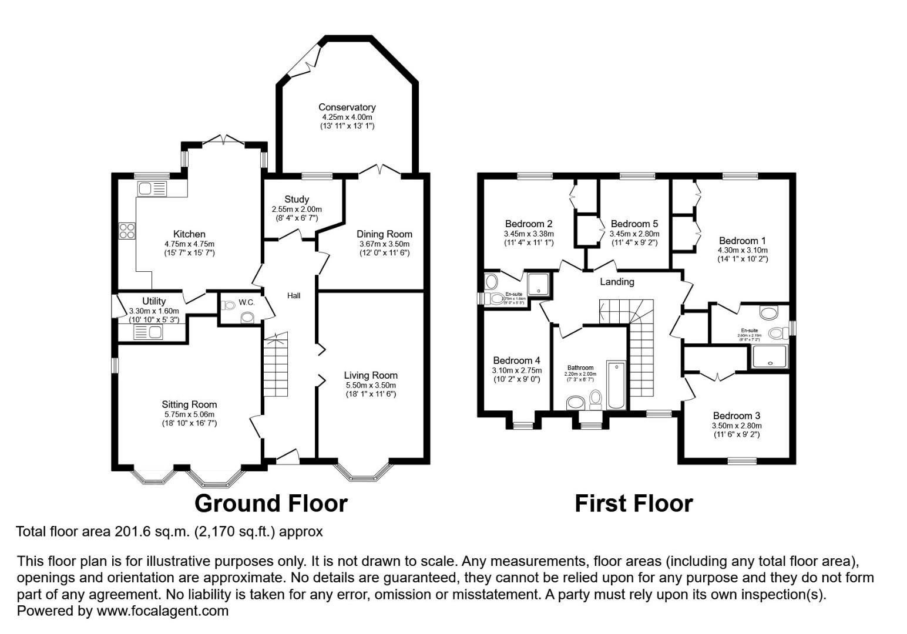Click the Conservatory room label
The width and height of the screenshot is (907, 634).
(347, 107)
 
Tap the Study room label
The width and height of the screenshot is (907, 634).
(297, 200)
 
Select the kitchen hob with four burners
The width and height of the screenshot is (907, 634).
(126, 231)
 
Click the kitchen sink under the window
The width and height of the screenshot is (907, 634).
(152, 188)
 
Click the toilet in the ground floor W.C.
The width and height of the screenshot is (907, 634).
(247, 318)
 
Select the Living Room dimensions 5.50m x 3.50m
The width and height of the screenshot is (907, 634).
(370, 385)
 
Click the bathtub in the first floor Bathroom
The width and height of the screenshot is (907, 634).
(616, 386)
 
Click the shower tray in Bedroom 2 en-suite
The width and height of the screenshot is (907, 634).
(539, 285)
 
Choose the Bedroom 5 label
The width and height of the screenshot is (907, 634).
(634, 224)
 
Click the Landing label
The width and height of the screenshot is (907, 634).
(617, 282)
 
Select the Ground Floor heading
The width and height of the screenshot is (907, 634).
(271, 504)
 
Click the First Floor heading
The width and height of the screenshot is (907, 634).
(633, 504)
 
